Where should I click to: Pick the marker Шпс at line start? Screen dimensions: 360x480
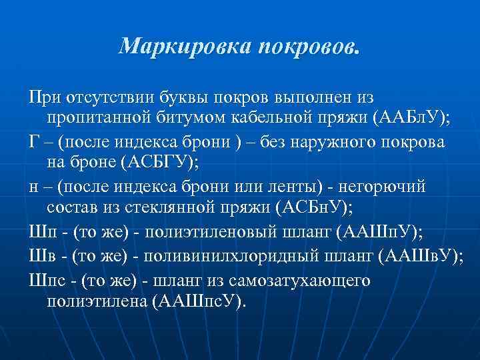click(47, 279)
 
